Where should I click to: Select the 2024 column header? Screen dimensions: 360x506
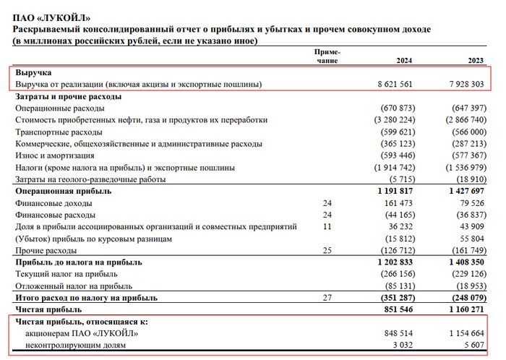pos(405,61)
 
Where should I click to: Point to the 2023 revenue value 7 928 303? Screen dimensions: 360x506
pos(468,85)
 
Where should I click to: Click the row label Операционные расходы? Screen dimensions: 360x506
pos(57,108)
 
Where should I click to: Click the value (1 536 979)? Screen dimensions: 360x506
pos(468,167)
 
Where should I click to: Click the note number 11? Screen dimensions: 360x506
pos(327,226)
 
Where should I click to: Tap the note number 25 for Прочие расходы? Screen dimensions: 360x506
pos(327,250)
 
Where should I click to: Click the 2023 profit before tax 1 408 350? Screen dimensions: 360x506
pos(468,262)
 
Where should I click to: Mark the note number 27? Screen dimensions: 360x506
pos(327,298)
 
